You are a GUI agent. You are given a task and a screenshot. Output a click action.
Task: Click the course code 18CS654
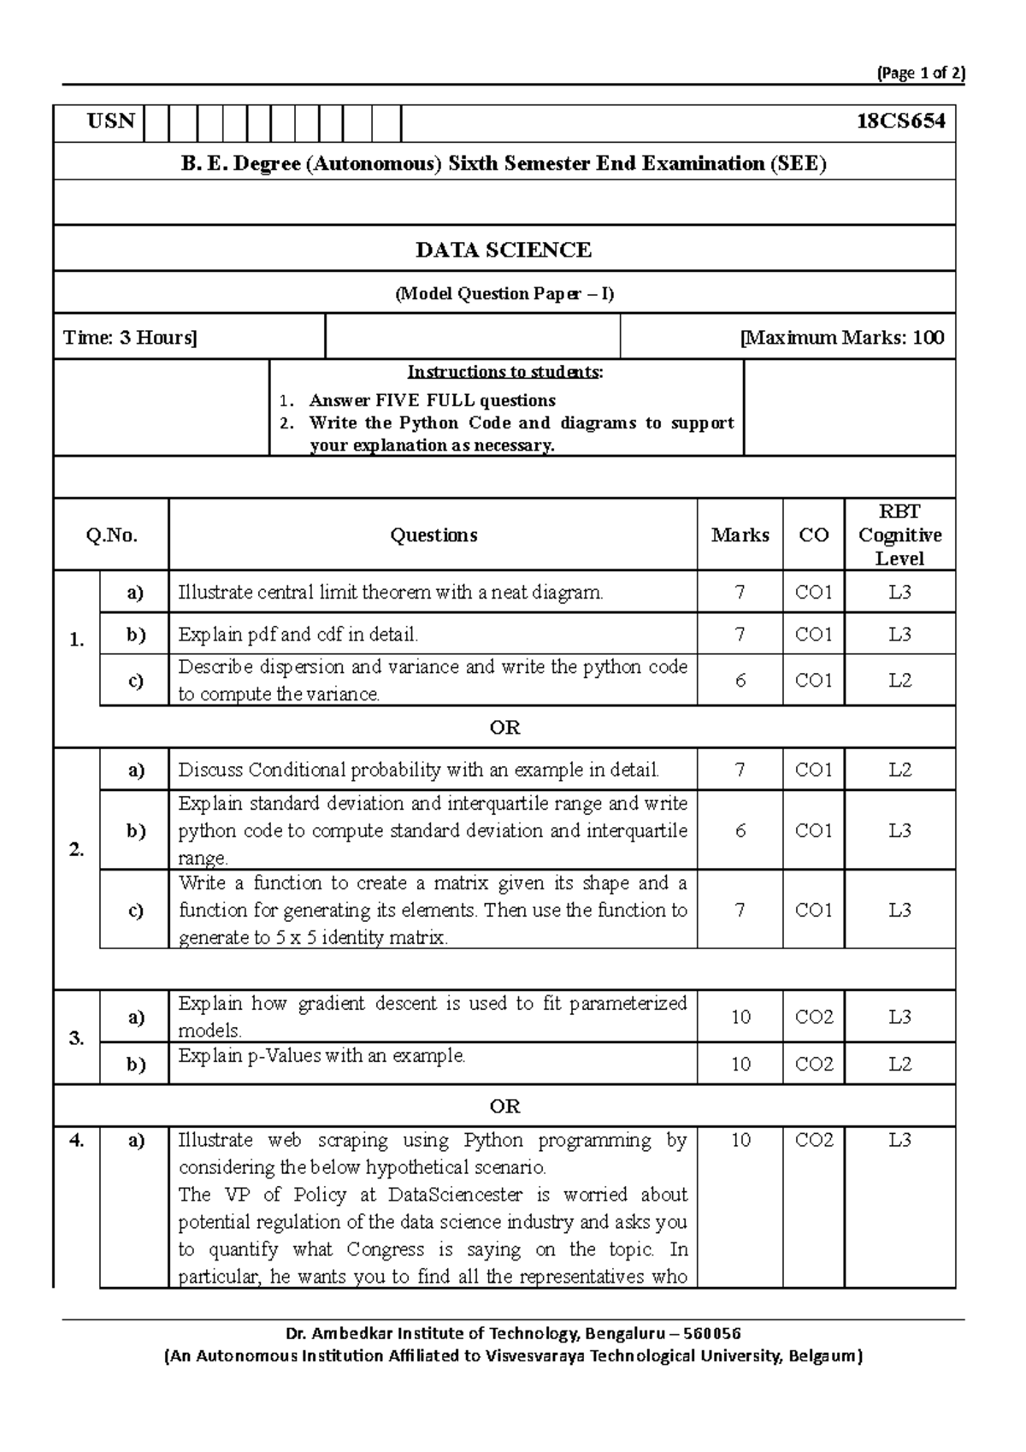(x=900, y=121)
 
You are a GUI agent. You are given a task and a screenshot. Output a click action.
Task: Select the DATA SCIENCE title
(x=504, y=250)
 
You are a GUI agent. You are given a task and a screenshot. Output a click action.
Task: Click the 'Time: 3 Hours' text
(x=130, y=338)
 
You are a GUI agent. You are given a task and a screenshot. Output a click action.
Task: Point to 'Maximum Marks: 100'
(x=842, y=338)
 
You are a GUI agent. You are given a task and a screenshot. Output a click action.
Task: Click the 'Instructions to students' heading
(x=504, y=372)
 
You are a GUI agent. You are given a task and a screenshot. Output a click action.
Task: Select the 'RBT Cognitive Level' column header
(x=899, y=535)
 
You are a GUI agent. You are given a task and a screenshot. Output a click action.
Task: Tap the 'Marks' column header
(x=740, y=535)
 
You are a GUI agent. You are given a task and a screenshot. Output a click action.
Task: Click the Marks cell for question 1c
(x=740, y=681)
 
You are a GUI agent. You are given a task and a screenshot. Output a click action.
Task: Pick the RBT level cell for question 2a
(x=899, y=770)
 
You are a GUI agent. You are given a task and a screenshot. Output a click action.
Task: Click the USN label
(x=111, y=121)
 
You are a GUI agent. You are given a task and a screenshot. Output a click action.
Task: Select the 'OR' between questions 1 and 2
(x=504, y=728)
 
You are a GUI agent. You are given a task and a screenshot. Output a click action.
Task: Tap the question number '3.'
(x=77, y=1038)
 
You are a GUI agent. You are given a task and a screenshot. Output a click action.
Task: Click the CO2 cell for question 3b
(x=813, y=1064)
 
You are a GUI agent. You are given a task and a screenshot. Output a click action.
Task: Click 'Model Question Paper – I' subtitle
(x=504, y=294)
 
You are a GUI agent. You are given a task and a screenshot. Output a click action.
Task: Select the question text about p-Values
(x=321, y=1056)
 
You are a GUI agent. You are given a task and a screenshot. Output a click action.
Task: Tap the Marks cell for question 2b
(x=740, y=830)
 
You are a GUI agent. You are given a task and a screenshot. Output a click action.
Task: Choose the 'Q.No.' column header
(x=111, y=535)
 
